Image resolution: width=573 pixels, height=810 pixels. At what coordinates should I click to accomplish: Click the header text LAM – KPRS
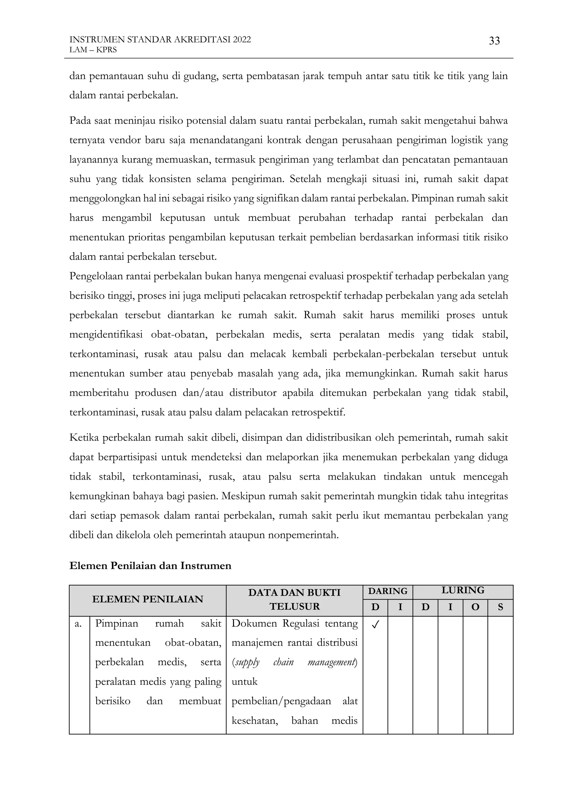coord(93,50)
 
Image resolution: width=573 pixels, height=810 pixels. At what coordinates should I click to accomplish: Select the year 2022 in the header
coord(242,39)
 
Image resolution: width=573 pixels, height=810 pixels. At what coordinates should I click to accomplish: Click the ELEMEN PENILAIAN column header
coord(147,599)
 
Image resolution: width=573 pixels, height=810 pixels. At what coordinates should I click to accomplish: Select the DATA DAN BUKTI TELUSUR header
coord(294,599)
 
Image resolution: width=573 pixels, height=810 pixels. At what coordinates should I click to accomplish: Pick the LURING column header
coord(462,590)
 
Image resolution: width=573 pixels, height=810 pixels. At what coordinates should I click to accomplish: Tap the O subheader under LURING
coord(475,607)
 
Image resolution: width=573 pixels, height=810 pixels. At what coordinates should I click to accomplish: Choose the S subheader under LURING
coord(500,607)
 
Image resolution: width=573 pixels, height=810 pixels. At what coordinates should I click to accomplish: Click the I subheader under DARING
coord(400,607)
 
